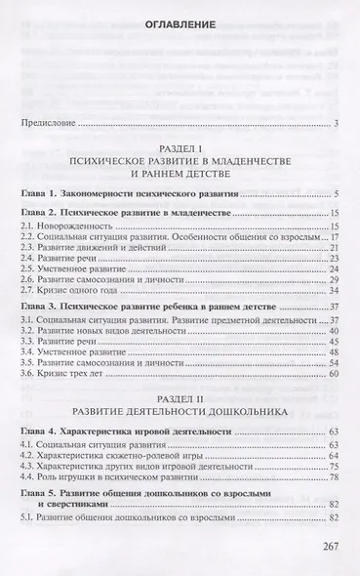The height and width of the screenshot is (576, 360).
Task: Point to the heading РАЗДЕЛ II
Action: coord(179,380)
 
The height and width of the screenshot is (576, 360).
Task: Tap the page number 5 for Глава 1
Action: coord(335,195)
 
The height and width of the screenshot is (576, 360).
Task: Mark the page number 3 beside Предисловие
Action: coord(335,123)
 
